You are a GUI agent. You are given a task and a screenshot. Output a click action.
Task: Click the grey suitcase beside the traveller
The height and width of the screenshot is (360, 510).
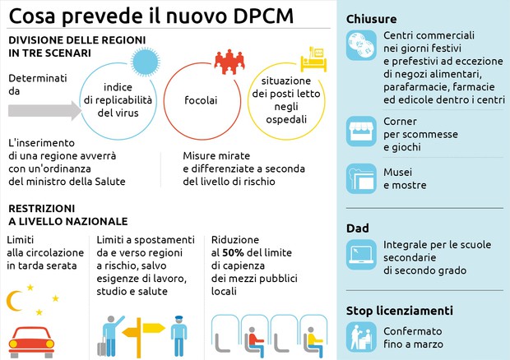103,347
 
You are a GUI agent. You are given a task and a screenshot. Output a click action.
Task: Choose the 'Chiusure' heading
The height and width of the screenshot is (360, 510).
372,18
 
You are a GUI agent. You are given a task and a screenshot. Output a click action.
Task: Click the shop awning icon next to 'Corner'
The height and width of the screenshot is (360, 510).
359,132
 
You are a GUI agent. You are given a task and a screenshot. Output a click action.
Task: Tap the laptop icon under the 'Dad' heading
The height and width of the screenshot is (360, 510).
359,254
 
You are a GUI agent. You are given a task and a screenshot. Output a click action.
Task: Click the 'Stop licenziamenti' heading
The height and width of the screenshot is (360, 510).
400,311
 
